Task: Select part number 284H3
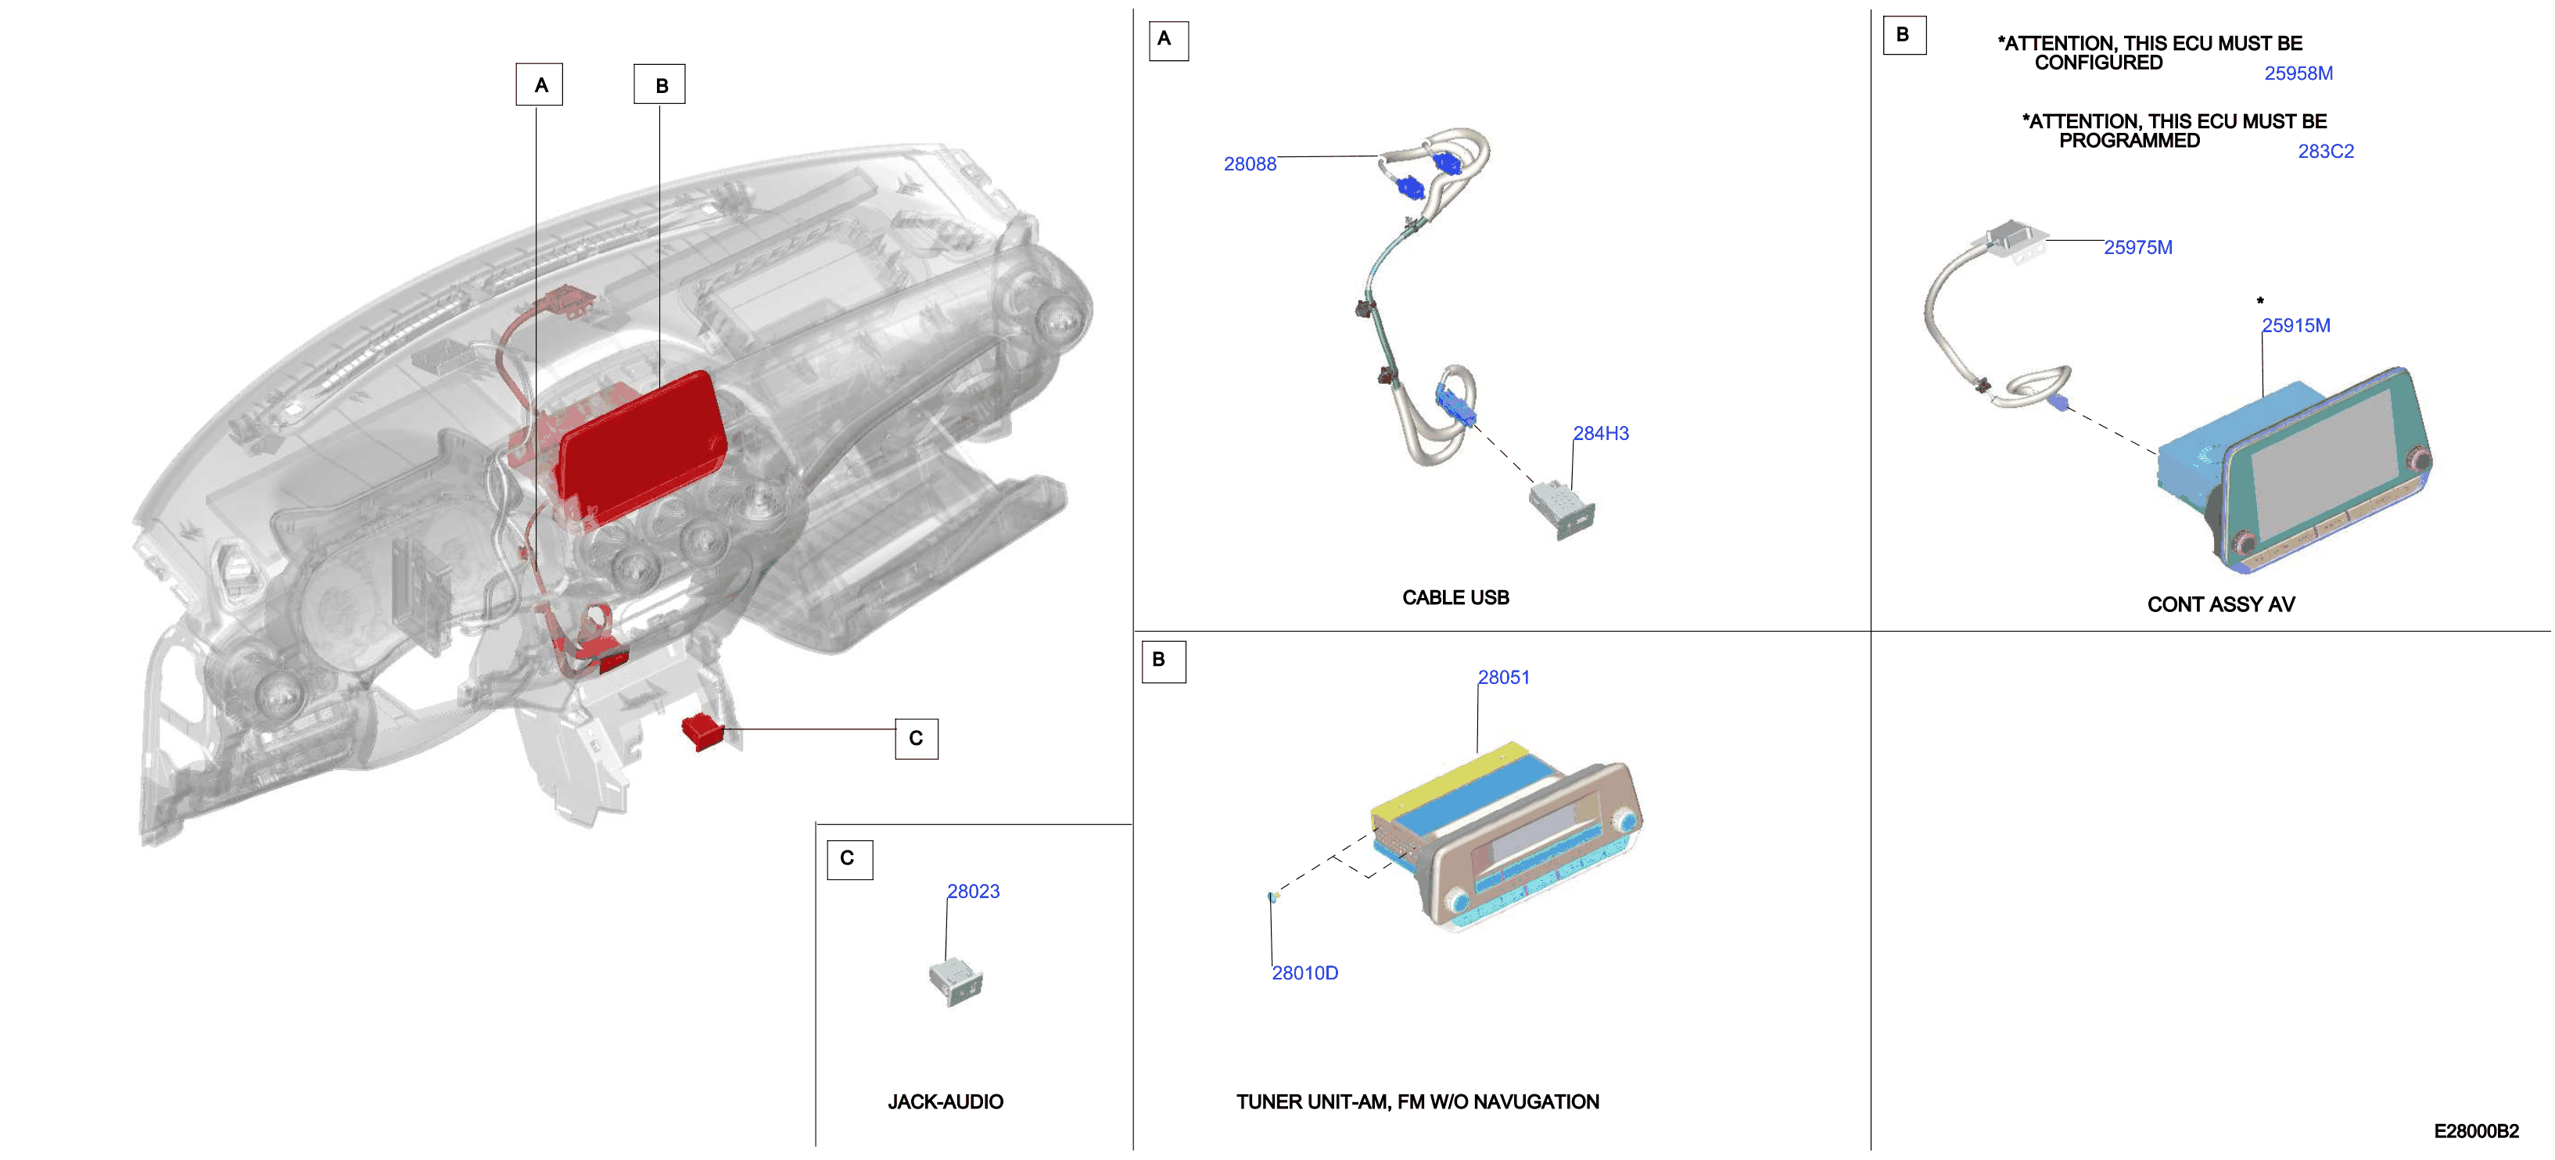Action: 1601,433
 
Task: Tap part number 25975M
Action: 2138,248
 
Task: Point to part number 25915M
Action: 2296,325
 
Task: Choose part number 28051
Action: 1504,677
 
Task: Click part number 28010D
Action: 1305,972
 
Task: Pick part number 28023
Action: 973,891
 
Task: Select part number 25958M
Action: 2298,73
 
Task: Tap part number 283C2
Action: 2326,152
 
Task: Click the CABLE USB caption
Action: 1455,598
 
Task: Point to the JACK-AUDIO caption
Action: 946,1101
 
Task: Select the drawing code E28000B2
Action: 2477,1131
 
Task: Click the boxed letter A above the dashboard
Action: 540,84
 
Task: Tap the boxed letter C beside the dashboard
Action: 917,739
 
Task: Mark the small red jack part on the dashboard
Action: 703,732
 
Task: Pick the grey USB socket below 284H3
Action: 1561,510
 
